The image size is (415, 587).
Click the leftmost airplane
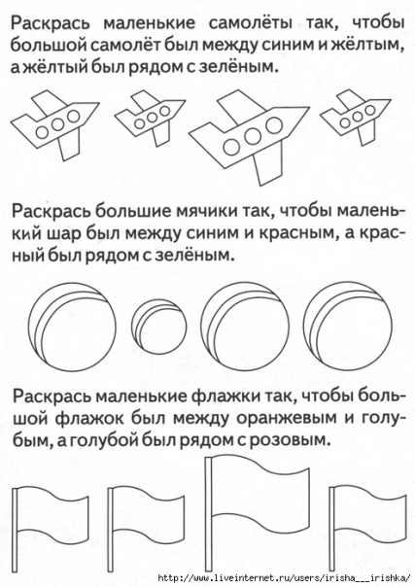click(x=56, y=123)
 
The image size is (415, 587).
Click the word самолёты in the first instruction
click(x=250, y=24)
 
